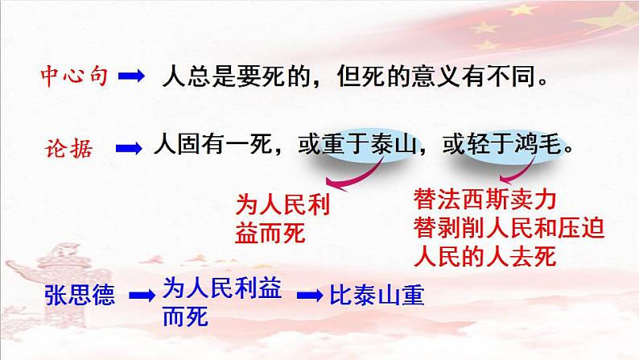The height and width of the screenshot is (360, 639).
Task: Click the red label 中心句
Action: pyautogui.click(x=74, y=77)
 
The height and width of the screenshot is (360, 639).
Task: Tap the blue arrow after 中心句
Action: pyautogui.click(x=131, y=77)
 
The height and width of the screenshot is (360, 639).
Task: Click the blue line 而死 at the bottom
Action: pyautogui.click(x=185, y=317)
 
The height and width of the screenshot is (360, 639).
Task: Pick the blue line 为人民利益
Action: pyautogui.click(x=222, y=287)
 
